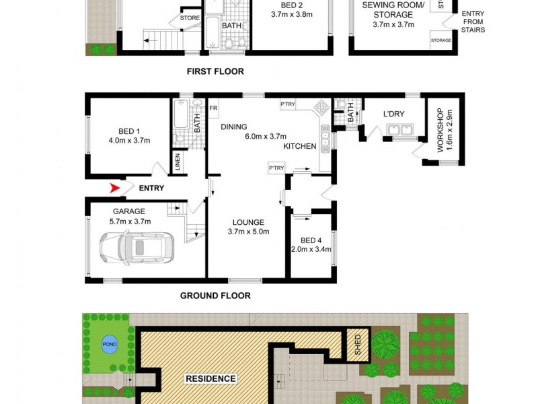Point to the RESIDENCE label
pyautogui.click(x=210, y=378)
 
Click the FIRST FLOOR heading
pyautogui.click(x=215, y=71)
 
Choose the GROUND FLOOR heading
pyautogui.click(x=215, y=296)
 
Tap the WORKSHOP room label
pyautogui.click(x=441, y=130)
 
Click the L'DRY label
pyautogui.click(x=393, y=114)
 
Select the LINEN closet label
pyautogui.click(x=178, y=161)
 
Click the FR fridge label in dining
pyautogui.click(x=213, y=108)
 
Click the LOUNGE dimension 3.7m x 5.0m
pyautogui.click(x=248, y=232)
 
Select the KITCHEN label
pyautogui.click(x=299, y=146)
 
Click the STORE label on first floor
pyautogui.click(x=190, y=19)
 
